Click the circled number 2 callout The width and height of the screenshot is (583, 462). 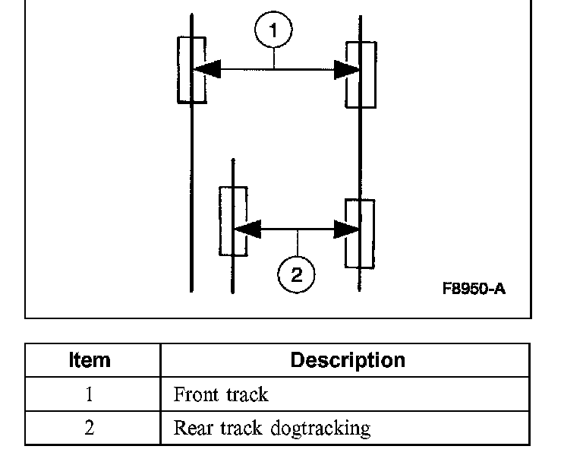(296, 274)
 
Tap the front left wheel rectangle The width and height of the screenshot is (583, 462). (191, 69)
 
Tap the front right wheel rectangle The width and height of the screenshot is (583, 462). (361, 74)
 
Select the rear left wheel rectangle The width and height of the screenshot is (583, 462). (232, 220)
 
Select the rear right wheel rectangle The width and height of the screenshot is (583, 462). (359, 233)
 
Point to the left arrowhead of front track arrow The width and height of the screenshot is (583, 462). (206, 69)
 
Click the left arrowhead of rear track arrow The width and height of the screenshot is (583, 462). (247, 228)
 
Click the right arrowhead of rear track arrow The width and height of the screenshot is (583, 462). (347, 228)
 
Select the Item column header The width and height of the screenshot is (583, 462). (90, 359)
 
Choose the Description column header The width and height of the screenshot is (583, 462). (348, 359)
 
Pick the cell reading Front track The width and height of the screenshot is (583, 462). (221, 394)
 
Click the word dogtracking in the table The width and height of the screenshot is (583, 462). (320, 428)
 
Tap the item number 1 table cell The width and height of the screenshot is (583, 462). (90, 394)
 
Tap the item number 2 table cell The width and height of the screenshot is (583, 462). (90, 428)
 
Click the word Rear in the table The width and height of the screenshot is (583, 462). (190, 428)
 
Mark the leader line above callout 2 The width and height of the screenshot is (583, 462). (297, 243)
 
